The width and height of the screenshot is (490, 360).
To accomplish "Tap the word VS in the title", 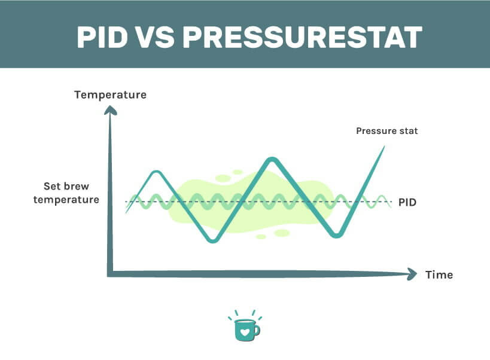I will click(154, 36).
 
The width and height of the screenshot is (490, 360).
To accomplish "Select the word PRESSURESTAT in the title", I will click(302, 36).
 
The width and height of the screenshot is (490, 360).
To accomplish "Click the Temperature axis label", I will click(110, 94).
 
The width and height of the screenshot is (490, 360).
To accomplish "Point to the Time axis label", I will click(439, 275).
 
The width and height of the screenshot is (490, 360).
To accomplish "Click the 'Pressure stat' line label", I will click(386, 131).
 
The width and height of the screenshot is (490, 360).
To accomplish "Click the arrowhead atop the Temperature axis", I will click(110, 109).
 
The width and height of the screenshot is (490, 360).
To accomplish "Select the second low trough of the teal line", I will click(337, 235).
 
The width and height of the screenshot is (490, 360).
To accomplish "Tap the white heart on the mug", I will click(244, 330).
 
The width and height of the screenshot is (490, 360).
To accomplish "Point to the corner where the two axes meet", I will click(110, 274).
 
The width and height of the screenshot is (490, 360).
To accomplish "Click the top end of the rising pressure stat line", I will click(383, 147).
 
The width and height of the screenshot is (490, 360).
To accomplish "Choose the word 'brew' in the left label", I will click(74, 185).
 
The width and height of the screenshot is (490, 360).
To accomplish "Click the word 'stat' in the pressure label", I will click(407, 131).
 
